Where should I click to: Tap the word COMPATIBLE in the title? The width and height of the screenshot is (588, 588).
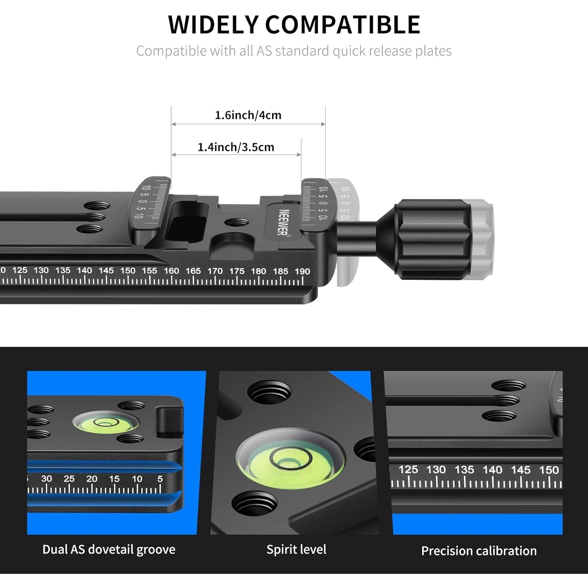pyautogui.click(x=343, y=24)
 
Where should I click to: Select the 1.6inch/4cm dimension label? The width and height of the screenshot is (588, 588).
pyautogui.click(x=248, y=115)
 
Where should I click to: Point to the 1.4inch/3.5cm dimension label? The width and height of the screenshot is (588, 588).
pyautogui.click(x=236, y=147)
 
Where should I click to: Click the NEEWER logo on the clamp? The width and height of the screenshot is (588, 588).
pyautogui.click(x=283, y=222)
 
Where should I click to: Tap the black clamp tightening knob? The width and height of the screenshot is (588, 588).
pyautogui.click(x=431, y=239)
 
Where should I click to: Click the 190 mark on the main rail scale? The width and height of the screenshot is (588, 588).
pyautogui.click(x=302, y=271)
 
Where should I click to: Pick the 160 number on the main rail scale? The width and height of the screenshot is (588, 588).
pyautogui.click(x=171, y=270)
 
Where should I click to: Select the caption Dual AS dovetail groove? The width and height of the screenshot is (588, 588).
pyautogui.click(x=109, y=550)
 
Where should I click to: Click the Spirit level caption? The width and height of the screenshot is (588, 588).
pyautogui.click(x=296, y=550)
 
